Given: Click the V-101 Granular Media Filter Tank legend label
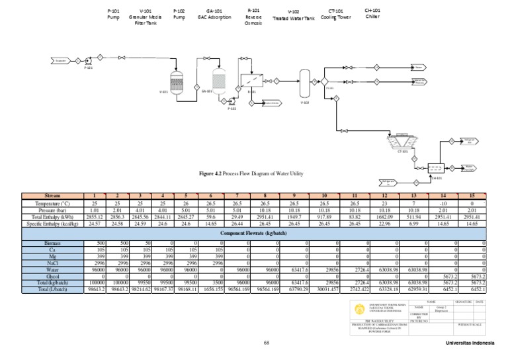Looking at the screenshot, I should click(146, 17).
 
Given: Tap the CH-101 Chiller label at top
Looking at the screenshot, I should click(372, 13).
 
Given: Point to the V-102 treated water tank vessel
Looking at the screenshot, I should click(305, 83).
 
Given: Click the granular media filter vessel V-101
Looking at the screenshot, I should click(177, 83).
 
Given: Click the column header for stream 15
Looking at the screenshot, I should click(474, 197).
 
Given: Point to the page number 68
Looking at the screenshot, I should click(267, 343).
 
